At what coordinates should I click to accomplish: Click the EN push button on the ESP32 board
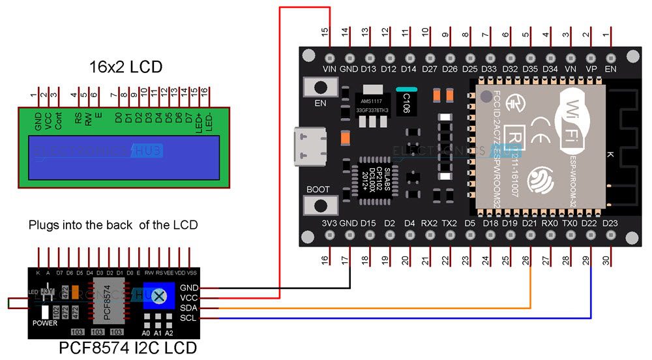pos(321,87)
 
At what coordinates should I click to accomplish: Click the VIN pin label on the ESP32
pos(330,68)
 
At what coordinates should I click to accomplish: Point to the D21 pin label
pos(531,223)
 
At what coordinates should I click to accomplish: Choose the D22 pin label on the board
pos(591,223)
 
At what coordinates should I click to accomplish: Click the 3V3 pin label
pos(329,223)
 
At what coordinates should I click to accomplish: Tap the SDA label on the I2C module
pos(189,308)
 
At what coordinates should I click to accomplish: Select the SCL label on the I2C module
pos(189,318)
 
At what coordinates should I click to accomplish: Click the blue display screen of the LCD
pos(124,157)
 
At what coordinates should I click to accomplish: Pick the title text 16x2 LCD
pos(125,67)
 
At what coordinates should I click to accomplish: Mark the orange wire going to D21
pos(531,280)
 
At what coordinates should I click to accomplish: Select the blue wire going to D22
pos(591,287)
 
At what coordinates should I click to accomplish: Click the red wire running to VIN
pos(280,163)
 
